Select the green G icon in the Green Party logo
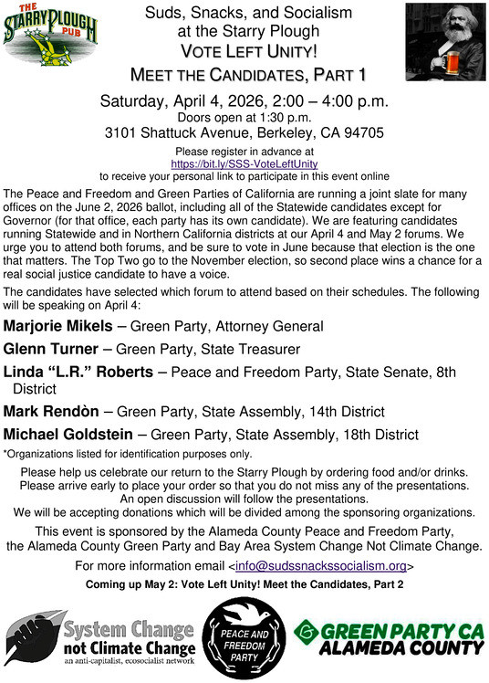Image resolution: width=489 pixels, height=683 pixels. (x=307, y=630)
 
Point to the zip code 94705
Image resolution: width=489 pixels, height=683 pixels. (x=366, y=133)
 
